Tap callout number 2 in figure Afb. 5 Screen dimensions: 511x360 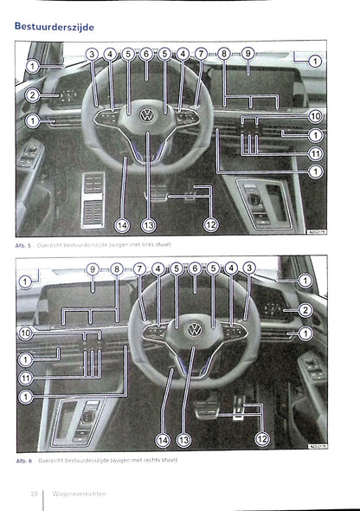pyautogui.click(x=32, y=95)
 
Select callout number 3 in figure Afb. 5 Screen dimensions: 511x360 pyautogui.click(x=92, y=55)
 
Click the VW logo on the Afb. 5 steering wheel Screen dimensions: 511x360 pyautogui.click(x=146, y=114)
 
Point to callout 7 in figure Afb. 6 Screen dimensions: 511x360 pyautogui.click(x=139, y=269)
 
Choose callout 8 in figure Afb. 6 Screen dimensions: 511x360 pyautogui.click(x=116, y=269)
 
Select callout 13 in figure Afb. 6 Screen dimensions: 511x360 pyautogui.click(x=183, y=440)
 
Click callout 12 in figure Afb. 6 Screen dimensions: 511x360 pyautogui.click(x=262, y=440)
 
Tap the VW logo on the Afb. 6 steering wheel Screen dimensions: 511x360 pyautogui.click(x=194, y=329)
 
